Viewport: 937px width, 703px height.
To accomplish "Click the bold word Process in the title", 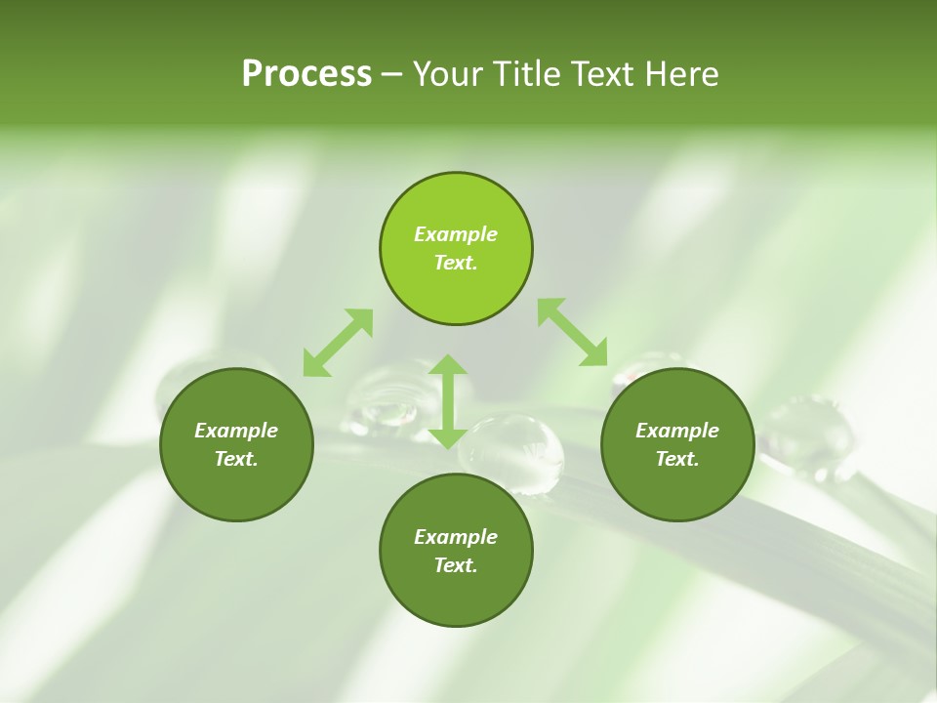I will pos(306,74).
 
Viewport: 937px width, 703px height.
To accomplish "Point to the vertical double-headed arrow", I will pos(448,401).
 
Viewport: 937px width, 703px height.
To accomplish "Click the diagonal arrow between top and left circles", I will pos(338,343).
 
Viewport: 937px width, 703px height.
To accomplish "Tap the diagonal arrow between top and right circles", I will pos(573,332).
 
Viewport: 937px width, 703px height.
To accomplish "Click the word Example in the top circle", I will pos(456,234).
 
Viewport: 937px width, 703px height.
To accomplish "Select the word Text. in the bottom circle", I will pos(456,565).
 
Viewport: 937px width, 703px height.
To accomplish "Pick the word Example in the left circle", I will pos(236,431).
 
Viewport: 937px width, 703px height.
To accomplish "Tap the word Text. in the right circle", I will pos(677,459).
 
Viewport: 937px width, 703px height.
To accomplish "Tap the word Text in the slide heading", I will pos(603,74).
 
